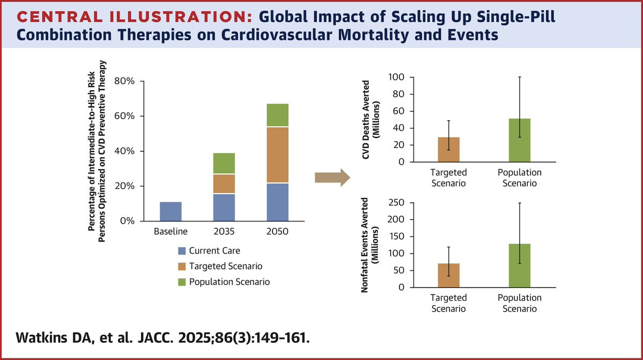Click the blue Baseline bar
pyautogui.click(x=171, y=211)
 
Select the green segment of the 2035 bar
pyautogui.click(x=224, y=164)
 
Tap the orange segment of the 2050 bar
pyautogui.click(x=277, y=155)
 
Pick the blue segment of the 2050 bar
pyautogui.click(x=277, y=202)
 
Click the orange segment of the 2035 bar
pyautogui.click(x=224, y=184)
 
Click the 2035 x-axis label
pyautogui.click(x=224, y=232)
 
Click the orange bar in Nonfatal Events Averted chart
pyautogui.click(x=449, y=275)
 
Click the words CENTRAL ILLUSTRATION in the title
pyautogui.click(x=132, y=17)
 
